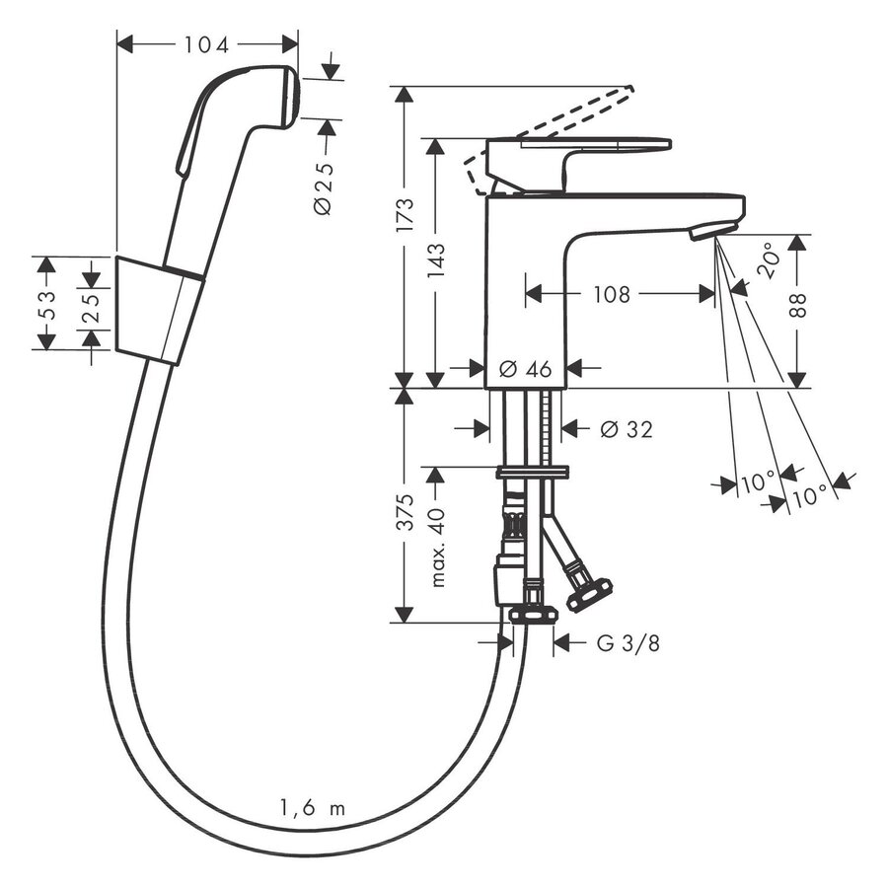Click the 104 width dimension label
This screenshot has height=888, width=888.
click(206, 44)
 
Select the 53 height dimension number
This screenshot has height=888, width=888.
click(45, 303)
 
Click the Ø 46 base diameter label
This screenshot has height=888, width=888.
click(525, 368)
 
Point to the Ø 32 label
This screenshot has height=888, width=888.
click(626, 429)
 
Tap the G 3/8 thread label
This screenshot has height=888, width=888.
click(629, 644)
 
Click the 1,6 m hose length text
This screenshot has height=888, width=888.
click(310, 809)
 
